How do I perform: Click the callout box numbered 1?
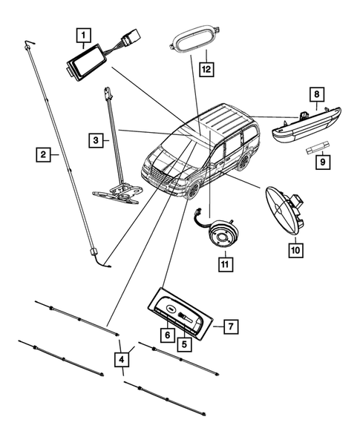tap(84, 34)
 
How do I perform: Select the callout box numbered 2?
tap(45, 155)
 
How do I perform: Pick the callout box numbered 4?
tap(120, 360)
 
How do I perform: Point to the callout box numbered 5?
tap(183, 344)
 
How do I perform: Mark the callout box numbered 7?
tap(230, 326)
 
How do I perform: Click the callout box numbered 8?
tap(316, 94)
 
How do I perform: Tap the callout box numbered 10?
tap(295, 250)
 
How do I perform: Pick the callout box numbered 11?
tap(223, 262)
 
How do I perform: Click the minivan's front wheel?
tap(194, 190)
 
